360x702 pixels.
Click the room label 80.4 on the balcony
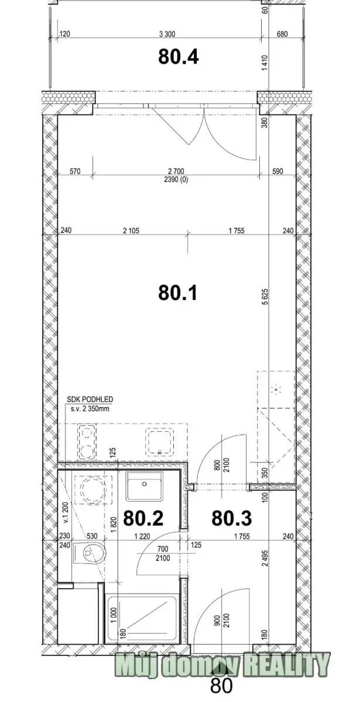click(179, 57)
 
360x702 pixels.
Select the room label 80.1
click(178, 292)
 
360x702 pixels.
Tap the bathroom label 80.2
click(143, 518)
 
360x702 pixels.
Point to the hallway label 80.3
click(231, 518)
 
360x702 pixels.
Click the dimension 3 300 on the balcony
click(167, 34)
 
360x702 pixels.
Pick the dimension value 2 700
click(176, 171)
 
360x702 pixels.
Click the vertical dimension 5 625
click(265, 297)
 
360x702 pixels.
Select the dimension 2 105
click(131, 231)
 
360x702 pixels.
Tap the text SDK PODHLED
click(90, 400)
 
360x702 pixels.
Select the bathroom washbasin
click(144, 486)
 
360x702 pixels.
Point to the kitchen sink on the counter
click(159, 442)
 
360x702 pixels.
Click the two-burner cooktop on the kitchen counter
click(87, 442)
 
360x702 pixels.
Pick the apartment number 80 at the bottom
click(221, 692)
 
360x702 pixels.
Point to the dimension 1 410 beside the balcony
click(265, 63)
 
